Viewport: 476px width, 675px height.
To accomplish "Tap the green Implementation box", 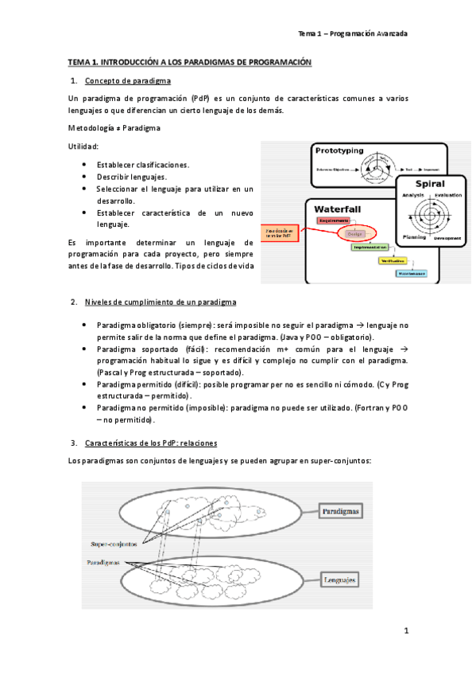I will coord(371,248).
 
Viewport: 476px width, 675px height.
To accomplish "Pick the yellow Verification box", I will coord(393,260).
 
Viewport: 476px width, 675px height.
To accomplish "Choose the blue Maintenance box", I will coord(412,273).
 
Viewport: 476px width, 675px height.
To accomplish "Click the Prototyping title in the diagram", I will coord(339,150).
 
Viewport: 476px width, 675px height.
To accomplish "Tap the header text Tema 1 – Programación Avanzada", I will coord(352,34).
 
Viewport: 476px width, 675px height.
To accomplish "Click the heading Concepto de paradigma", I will coord(127,81).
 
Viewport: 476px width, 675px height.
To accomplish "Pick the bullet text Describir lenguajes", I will coord(132,176).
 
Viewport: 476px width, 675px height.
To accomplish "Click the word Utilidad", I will coord(83,146).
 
